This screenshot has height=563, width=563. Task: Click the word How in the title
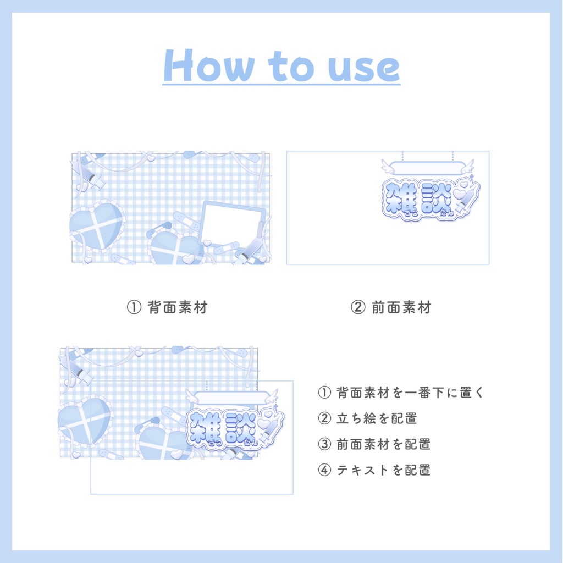pyautogui.click(x=208, y=66)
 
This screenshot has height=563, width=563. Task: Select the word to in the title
pyautogui.click(x=291, y=67)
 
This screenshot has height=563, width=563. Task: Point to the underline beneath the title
pyautogui.click(x=281, y=84)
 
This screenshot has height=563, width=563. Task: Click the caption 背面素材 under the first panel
pyautogui.click(x=178, y=307)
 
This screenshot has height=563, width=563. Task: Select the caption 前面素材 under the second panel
pyautogui.click(x=401, y=307)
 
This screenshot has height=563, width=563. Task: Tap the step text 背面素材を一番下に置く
pyautogui.click(x=410, y=392)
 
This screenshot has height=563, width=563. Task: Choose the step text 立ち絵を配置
pyautogui.click(x=377, y=418)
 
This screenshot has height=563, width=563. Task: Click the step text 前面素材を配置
pyautogui.click(x=383, y=444)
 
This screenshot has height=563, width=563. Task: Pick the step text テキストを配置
pyautogui.click(x=383, y=470)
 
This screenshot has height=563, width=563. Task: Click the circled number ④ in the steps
pyautogui.click(x=324, y=470)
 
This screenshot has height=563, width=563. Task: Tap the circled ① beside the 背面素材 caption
pyautogui.click(x=134, y=307)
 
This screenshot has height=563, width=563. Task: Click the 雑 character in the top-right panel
pyautogui.click(x=400, y=198)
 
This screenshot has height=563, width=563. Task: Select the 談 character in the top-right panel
pyautogui.click(x=437, y=198)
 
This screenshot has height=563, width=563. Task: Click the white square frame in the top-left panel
pyautogui.click(x=233, y=223)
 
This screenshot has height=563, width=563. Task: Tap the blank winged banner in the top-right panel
pyautogui.click(x=427, y=168)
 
